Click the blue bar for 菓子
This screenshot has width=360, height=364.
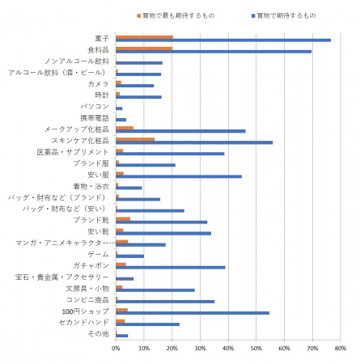point(223,40)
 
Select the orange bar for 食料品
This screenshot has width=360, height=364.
point(144,49)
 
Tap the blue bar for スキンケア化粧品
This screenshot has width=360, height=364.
point(194,142)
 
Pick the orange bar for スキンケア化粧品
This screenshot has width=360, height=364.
point(135,139)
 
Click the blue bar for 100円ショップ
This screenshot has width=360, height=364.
point(193,313)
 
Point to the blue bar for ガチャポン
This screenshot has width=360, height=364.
point(171,268)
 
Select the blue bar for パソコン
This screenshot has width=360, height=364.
point(119,108)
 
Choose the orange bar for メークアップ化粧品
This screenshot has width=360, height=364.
point(125,128)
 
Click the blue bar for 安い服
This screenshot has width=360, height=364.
point(179,176)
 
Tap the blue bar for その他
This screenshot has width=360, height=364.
point(122,336)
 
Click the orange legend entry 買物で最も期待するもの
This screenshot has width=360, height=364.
point(176,15)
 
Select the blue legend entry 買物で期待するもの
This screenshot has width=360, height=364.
point(283,15)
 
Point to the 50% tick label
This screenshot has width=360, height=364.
point(256,349)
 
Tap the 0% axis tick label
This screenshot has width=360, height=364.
point(116,349)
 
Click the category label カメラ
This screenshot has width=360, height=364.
point(99,84)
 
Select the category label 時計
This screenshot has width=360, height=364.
point(102,95)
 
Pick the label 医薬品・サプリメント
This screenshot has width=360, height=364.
point(73,152)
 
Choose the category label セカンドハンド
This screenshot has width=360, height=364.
point(84,323)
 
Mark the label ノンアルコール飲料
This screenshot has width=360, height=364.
point(77,61)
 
